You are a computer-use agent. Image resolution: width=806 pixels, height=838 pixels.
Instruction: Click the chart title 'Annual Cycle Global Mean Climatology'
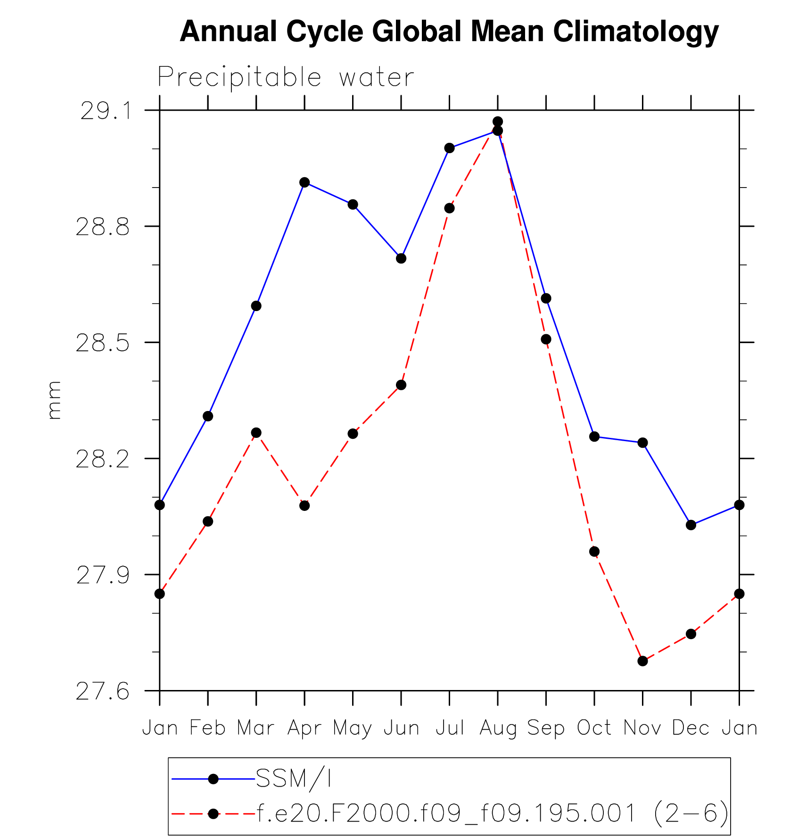pos(449,32)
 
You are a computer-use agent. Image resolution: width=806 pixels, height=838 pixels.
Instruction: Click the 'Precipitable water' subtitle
pos(286,77)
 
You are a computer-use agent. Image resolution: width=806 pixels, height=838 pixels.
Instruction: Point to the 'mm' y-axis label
pos(54,400)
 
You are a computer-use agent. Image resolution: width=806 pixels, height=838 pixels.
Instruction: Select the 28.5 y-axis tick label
pos(102,343)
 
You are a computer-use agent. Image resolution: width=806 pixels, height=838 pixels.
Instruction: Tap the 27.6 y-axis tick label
pos(102,691)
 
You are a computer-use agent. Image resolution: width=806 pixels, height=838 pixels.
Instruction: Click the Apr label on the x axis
pos(304,728)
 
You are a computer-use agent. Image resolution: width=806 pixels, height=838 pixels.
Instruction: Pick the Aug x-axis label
pos(498,728)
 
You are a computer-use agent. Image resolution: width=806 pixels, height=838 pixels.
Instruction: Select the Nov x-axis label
pos(642,728)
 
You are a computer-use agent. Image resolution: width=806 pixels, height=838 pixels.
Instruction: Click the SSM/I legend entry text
pos(293,779)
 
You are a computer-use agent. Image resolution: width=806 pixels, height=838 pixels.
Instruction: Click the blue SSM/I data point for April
pos(304,182)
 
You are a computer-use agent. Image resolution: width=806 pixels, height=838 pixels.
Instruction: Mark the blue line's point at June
pos(401,258)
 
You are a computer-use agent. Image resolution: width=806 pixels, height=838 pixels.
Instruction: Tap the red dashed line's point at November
pos(642,661)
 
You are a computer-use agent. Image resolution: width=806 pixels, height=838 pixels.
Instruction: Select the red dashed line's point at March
pos(256,433)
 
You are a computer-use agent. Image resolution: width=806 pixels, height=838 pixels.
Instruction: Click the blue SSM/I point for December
pos(691,525)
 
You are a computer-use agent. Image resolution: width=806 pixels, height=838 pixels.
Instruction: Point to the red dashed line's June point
pos(401,385)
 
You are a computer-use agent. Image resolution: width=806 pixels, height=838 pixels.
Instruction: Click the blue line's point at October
pos(594,436)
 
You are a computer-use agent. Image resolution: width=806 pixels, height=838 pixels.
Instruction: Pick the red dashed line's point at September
pos(546,339)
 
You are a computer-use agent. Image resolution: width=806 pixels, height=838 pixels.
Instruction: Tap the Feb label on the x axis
pos(207,728)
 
